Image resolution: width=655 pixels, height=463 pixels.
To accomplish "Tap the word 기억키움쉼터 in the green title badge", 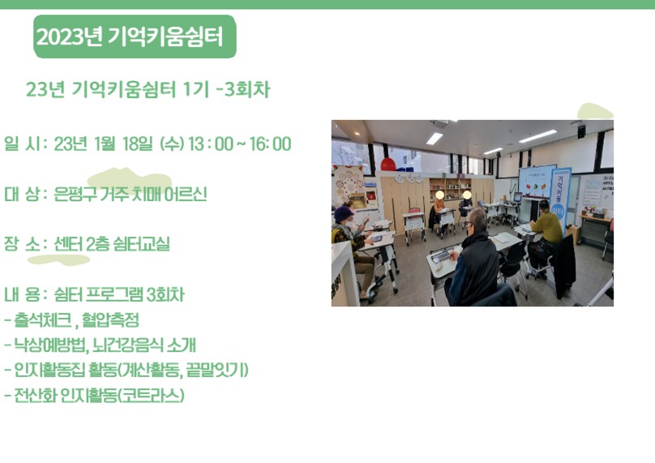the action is point(165,36).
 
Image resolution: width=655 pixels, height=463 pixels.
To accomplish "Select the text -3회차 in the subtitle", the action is point(243,89).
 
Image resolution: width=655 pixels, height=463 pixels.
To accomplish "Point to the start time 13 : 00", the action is point(211,144).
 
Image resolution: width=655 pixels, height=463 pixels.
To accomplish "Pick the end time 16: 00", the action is point(270,144).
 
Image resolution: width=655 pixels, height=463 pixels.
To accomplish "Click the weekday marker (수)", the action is point(172,144).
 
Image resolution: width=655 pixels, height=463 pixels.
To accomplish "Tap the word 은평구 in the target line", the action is point(75,195).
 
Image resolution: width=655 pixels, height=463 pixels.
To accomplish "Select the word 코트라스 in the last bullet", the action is point(151,396).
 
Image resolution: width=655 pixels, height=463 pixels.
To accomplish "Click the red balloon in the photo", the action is point(387,165).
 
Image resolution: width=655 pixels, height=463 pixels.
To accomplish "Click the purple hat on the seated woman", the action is point(343,213).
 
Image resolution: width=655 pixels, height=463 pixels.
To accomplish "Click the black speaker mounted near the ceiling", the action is point(581,132).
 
